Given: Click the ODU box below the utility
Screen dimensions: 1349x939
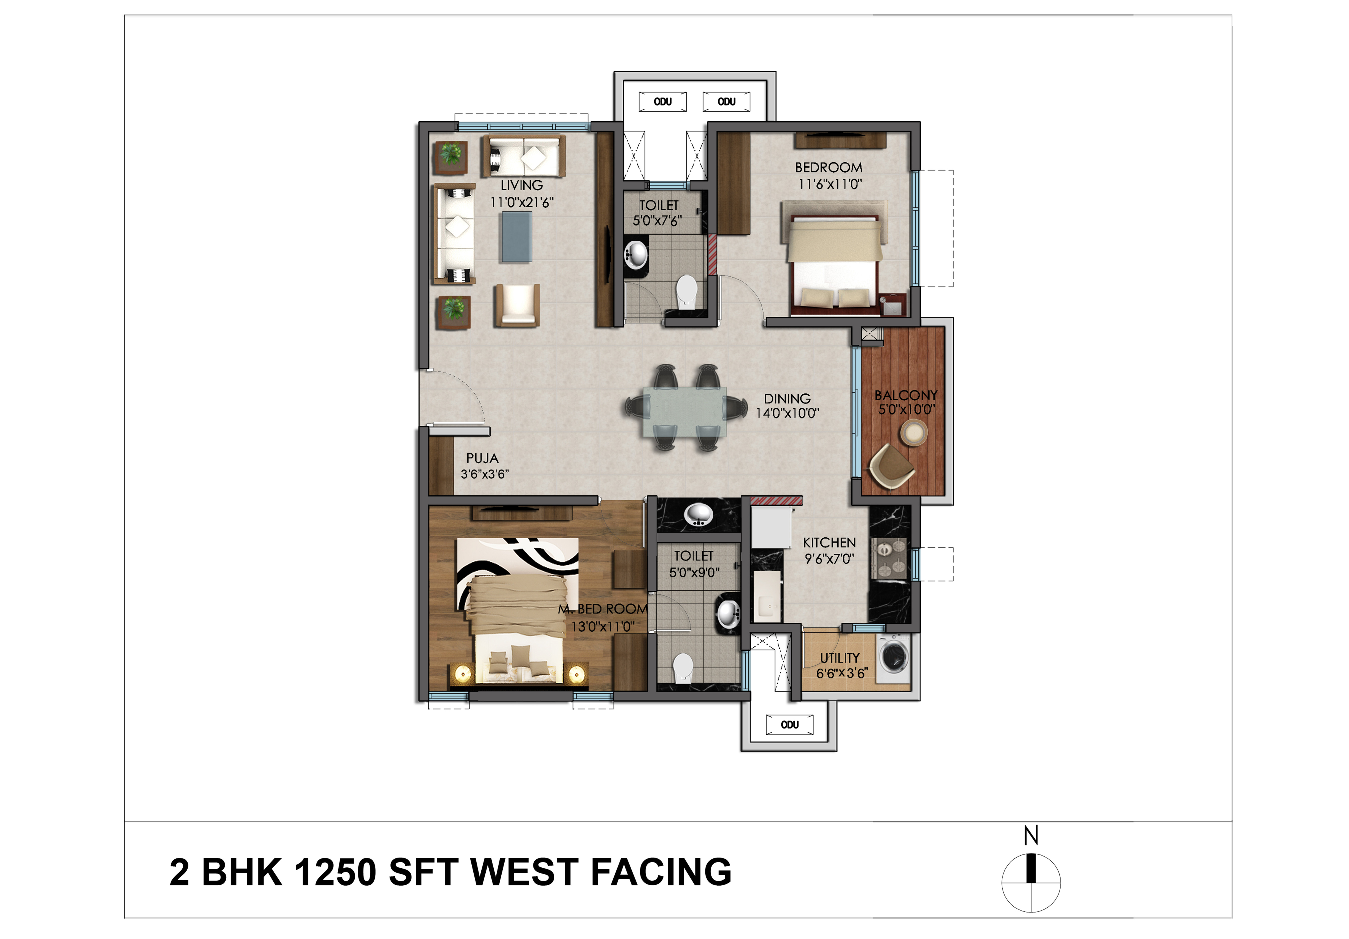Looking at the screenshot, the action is (x=790, y=724).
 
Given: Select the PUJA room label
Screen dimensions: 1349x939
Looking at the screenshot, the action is (x=482, y=458).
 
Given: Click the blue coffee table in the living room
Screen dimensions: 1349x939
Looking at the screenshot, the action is (x=516, y=236).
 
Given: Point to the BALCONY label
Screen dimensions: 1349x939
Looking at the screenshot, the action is (x=905, y=395).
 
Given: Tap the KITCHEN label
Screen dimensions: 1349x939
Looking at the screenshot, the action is (x=829, y=542).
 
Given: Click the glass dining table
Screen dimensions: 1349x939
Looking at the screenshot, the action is (x=684, y=411).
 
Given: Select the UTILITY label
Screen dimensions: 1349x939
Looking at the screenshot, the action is (x=840, y=658).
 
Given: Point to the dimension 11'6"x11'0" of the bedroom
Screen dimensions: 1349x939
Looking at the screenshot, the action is (x=830, y=184).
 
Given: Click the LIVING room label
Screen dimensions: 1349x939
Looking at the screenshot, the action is (x=522, y=185).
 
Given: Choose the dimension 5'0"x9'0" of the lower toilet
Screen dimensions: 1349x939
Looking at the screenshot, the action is (x=694, y=572).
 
